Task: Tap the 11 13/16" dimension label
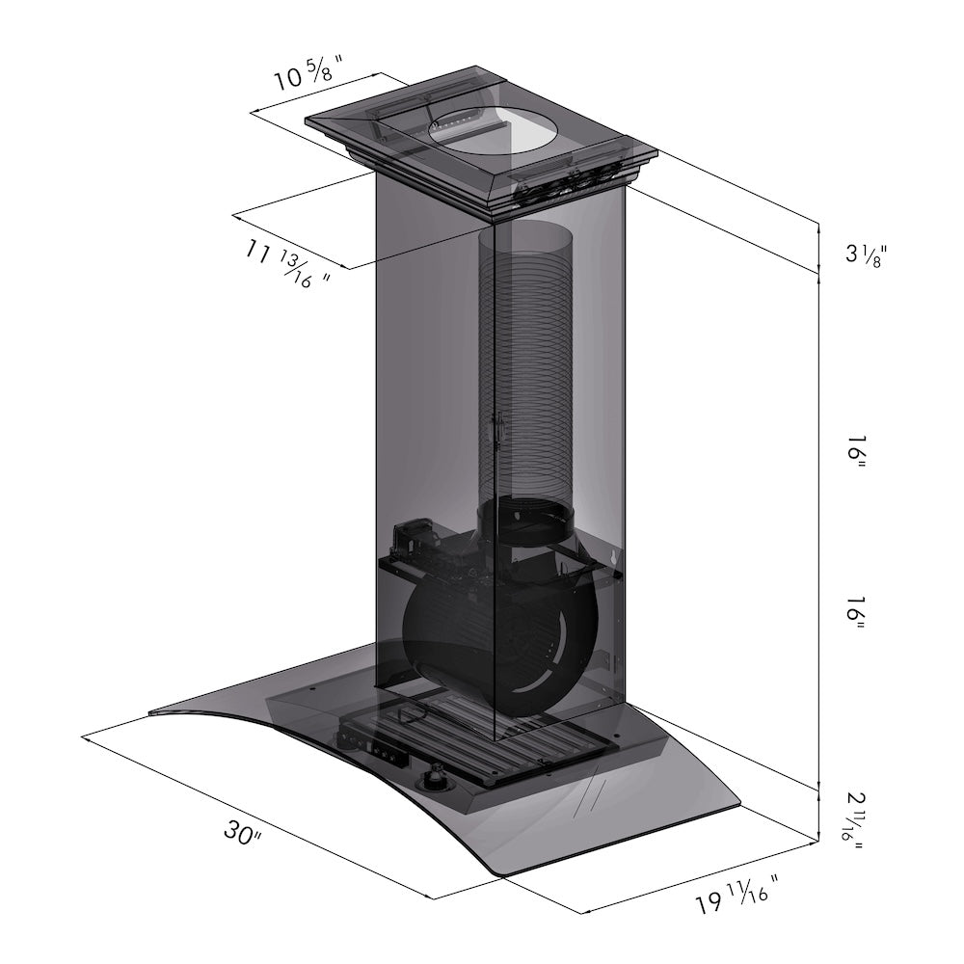tap(287, 264)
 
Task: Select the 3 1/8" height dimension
tap(865, 254)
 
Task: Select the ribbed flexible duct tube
tap(525, 366)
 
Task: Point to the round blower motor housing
tap(453, 627)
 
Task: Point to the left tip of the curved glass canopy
tap(154, 712)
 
